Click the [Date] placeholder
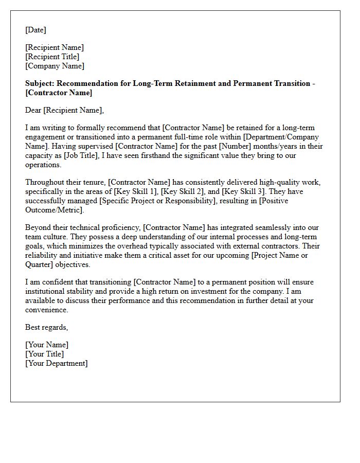click(x=35, y=30)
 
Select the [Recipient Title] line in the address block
click(x=52, y=57)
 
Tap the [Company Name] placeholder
click(x=55, y=66)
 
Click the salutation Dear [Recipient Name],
click(x=64, y=110)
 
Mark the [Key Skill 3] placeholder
click(x=244, y=192)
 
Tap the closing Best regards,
click(x=47, y=327)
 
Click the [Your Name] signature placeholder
click(x=47, y=345)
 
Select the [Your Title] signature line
click(x=45, y=354)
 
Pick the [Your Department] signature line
click(x=57, y=363)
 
